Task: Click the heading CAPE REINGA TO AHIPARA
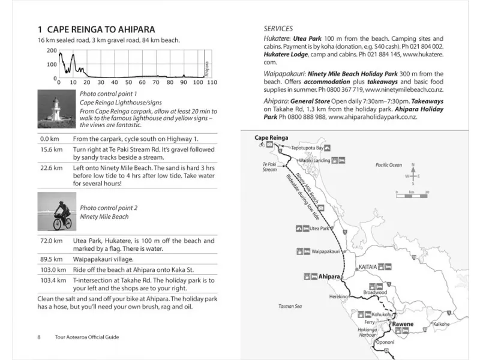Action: (x=96, y=29)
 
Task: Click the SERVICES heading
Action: (x=278, y=28)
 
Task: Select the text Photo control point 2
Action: (x=109, y=208)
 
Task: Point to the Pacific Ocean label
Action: (x=389, y=164)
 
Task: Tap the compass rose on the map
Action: (x=412, y=175)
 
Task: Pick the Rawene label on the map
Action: (x=403, y=324)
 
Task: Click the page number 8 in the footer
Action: (x=39, y=337)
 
